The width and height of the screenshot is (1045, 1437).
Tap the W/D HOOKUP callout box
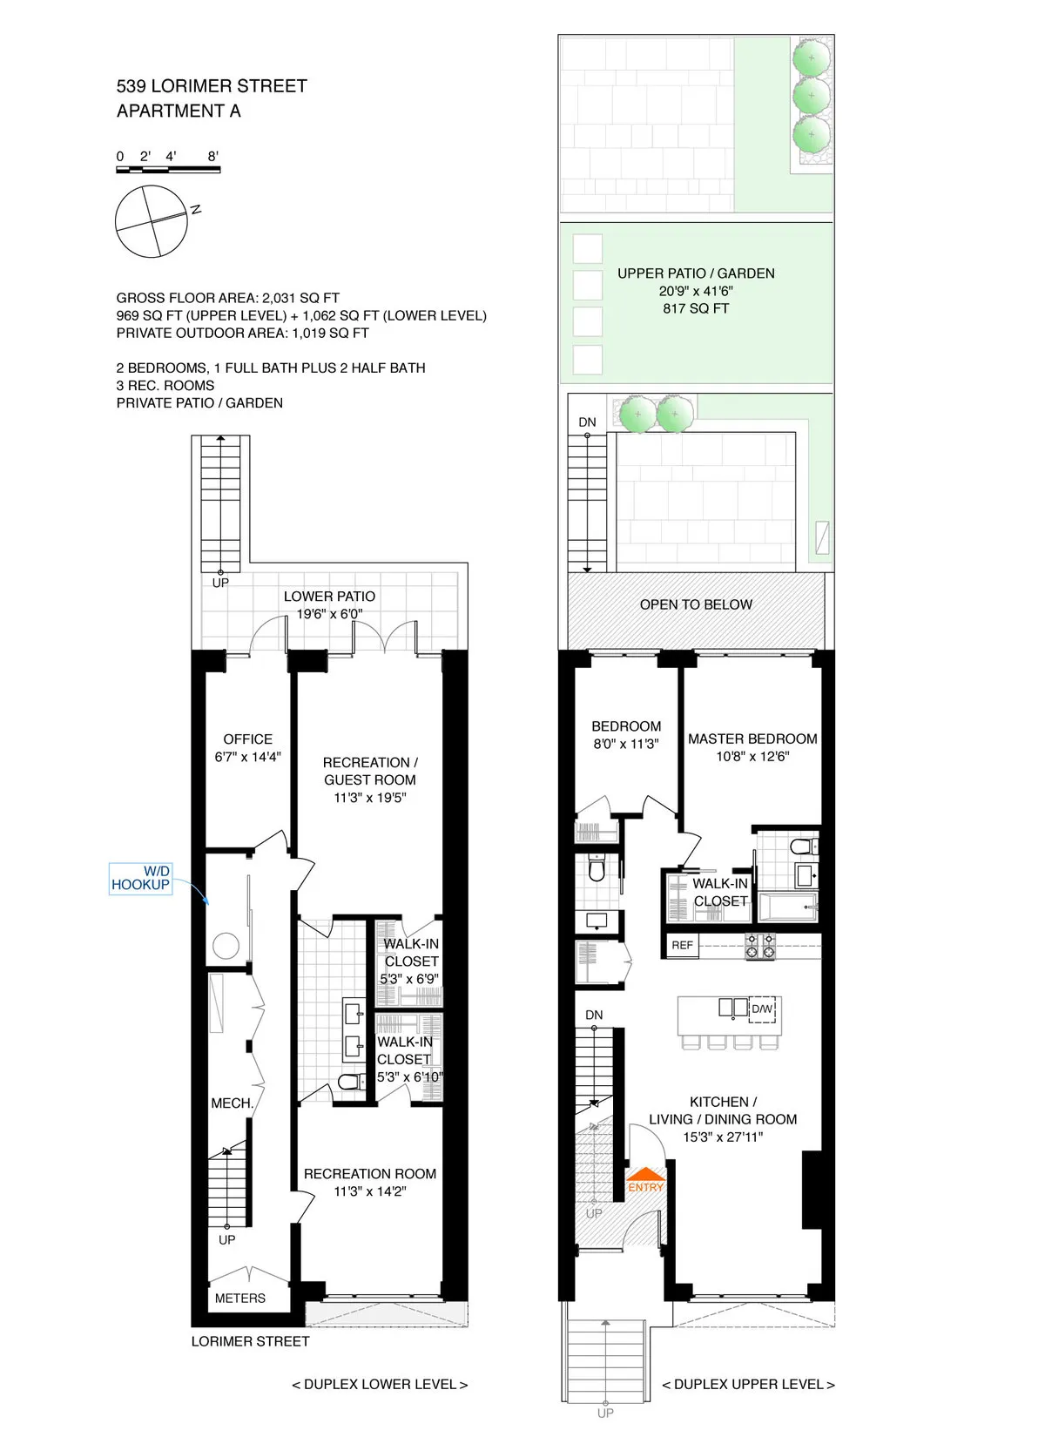click(x=140, y=878)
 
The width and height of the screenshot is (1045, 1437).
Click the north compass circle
click(x=152, y=222)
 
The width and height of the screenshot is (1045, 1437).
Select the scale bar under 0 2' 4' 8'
click(x=168, y=170)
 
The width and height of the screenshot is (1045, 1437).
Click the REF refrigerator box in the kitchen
click(x=682, y=945)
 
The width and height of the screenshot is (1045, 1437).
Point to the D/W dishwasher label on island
click(x=762, y=1009)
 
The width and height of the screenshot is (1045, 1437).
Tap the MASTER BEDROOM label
click(x=752, y=739)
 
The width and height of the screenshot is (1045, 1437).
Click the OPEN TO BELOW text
click(x=696, y=604)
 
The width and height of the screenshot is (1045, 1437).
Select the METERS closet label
click(x=240, y=1298)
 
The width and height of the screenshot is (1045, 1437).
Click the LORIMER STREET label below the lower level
click(x=251, y=1341)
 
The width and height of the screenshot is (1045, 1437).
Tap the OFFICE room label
click(x=248, y=739)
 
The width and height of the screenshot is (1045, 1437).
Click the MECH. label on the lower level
click(x=232, y=1103)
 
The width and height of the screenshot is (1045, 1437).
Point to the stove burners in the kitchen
click(x=760, y=946)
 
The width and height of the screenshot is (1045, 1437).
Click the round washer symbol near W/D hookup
click(x=226, y=946)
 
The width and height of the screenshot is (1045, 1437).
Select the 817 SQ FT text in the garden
click(x=696, y=308)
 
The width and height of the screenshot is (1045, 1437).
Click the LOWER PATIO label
click(x=329, y=597)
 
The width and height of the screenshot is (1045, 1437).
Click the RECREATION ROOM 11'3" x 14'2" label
click(x=370, y=1182)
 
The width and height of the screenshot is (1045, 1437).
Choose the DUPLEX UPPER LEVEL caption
click(x=748, y=1384)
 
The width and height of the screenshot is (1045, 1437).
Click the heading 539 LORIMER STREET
click(x=212, y=86)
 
